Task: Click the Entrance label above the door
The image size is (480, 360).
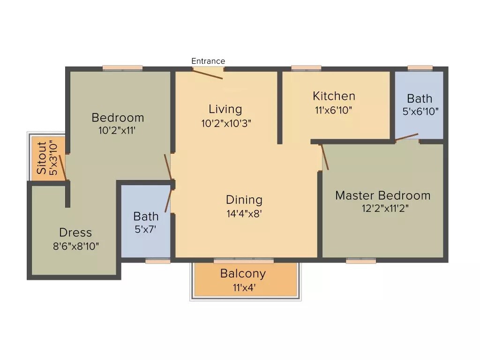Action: [x=208, y=61]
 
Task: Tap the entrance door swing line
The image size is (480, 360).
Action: [x=208, y=74]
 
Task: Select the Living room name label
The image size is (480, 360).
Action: [x=225, y=109]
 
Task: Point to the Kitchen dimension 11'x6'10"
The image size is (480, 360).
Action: [x=334, y=110]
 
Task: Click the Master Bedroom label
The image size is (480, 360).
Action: [x=382, y=195]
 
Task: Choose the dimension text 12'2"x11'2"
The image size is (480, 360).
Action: [x=382, y=209]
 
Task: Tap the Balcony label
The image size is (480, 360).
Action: [x=243, y=273]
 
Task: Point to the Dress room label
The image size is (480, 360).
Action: [x=75, y=232]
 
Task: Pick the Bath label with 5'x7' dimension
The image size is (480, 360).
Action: [x=146, y=217]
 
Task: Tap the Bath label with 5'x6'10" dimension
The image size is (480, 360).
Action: [x=420, y=99]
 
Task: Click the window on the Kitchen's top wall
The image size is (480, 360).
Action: [x=306, y=68]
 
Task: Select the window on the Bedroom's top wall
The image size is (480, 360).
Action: [x=122, y=68]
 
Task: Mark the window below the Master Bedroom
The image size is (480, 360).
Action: [x=361, y=261]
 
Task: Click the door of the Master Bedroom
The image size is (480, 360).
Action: [x=324, y=157]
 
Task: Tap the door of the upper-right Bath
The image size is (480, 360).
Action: [x=406, y=137]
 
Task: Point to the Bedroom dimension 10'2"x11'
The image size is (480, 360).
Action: [x=118, y=131]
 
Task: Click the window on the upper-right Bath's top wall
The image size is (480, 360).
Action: [x=420, y=68]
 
